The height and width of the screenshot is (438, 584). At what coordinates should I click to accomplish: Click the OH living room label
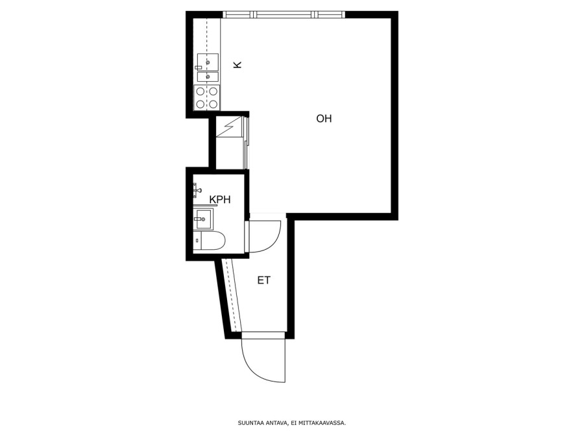[x=324, y=119]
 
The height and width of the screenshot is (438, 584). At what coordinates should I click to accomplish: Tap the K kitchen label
[x=237, y=64]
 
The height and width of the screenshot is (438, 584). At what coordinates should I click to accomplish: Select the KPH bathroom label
[x=220, y=200]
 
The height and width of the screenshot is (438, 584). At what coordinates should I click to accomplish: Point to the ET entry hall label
[x=263, y=280]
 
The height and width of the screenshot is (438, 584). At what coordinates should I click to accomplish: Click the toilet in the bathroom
[x=210, y=241]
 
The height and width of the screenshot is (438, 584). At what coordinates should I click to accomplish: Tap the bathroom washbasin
[x=203, y=219]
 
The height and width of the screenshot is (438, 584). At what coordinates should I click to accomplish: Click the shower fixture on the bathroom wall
[x=197, y=190]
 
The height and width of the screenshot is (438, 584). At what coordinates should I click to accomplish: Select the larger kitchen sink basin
[x=208, y=62]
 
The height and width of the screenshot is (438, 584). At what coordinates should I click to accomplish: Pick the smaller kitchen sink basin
[x=208, y=77]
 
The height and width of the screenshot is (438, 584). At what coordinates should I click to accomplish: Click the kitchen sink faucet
[x=198, y=67]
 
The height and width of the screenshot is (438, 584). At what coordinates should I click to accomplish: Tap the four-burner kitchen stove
[x=207, y=97]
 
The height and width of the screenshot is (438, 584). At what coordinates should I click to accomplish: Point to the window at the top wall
[x=284, y=14]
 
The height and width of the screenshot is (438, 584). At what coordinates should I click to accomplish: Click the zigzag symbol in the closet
[x=228, y=127]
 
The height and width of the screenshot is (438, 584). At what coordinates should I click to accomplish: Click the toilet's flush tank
[x=197, y=241]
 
